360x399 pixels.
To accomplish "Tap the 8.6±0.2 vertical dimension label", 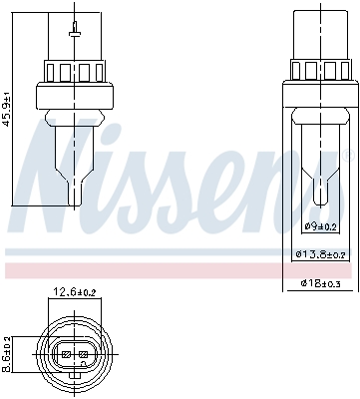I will pyautogui.click(x=9, y=353).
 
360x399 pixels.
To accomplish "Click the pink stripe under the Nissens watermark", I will pyautogui.click(x=180, y=270).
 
